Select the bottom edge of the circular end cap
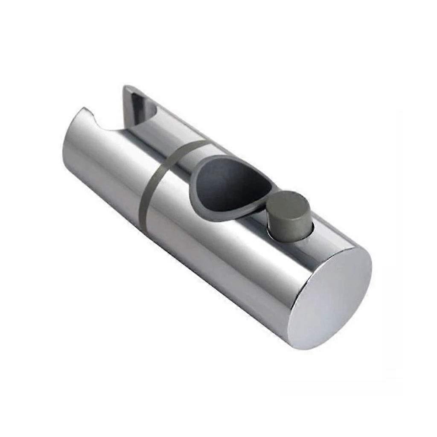pos(316,348)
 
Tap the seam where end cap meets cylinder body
pos(294,294)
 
